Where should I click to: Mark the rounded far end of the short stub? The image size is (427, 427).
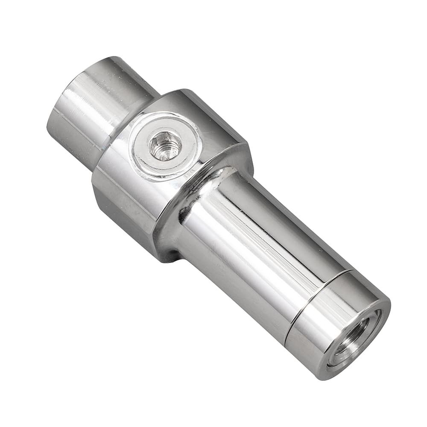point(64,128)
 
